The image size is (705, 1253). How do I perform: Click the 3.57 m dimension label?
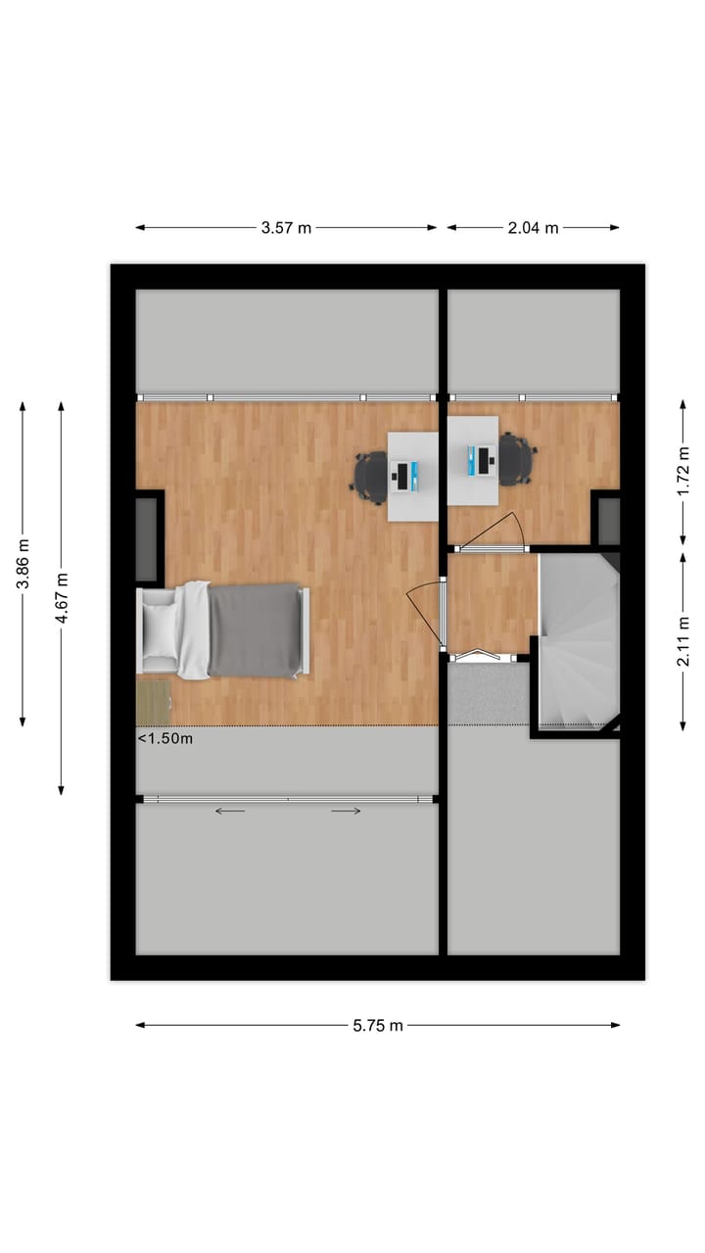click(286, 228)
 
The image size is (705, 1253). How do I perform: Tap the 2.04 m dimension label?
click(534, 228)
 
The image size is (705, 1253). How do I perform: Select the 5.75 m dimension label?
click(378, 1026)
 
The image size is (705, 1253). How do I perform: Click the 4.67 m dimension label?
click(61, 597)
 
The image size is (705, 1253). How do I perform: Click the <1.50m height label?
click(164, 739)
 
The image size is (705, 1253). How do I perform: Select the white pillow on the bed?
click(160, 630)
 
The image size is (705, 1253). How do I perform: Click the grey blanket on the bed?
click(254, 630)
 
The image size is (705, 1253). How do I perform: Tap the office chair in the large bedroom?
click(371, 477)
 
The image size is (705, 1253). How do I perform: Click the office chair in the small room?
click(516, 458)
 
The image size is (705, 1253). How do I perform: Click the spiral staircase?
click(578, 641)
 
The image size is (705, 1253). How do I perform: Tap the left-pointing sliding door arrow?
click(231, 811)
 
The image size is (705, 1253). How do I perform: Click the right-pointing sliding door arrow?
click(346, 811)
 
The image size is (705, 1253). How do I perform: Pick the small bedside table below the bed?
click(154, 702)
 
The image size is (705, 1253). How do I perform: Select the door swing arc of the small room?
click(499, 529)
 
